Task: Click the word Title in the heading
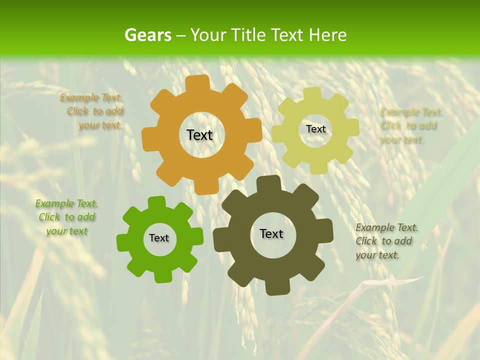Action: pyautogui.click(x=248, y=35)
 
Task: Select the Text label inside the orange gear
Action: pyautogui.click(x=199, y=135)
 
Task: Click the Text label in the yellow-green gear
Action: pyautogui.click(x=315, y=129)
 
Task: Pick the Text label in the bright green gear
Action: pyautogui.click(x=159, y=238)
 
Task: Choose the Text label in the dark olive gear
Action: pyautogui.click(x=271, y=233)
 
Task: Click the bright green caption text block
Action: pyautogui.click(x=66, y=217)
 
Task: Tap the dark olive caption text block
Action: pyautogui.click(x=386, y=241)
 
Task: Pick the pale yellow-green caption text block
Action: pyautogui.click(x=410, y=125)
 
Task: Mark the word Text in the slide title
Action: pyautogui.click(x=291, y=35)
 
